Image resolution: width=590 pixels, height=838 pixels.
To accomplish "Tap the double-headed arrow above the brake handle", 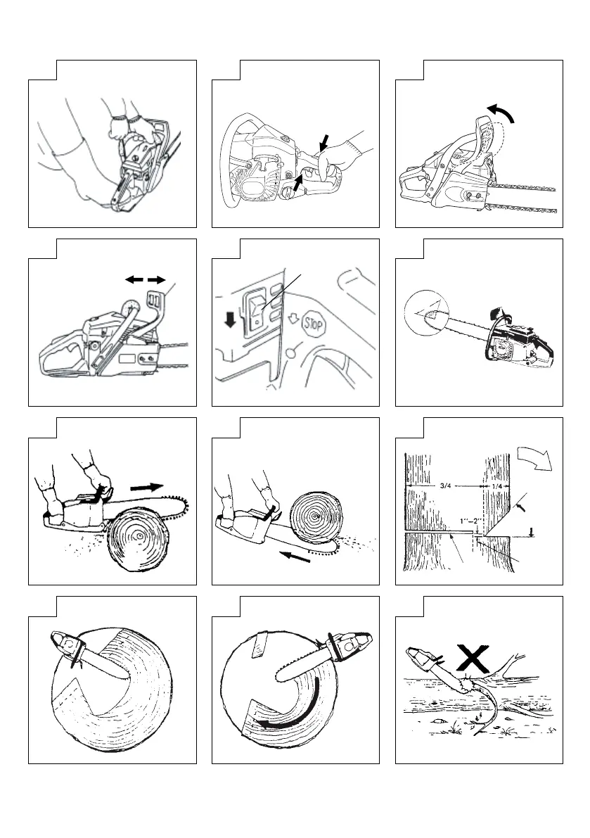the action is coord(140,279).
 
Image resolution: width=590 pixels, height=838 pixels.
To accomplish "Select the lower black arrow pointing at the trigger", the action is coord(300,184).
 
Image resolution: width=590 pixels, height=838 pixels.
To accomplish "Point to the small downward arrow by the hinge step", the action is coord(531,533).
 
